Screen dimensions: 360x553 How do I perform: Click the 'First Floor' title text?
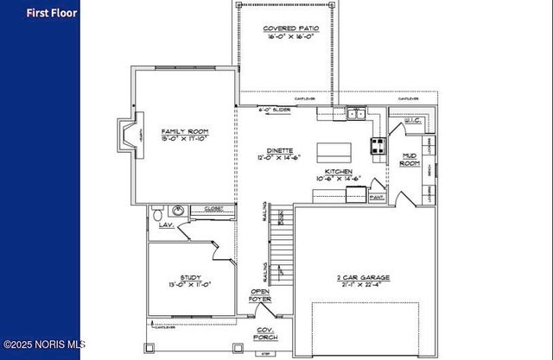(51, 13)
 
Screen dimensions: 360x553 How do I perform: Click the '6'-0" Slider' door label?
(275, 110)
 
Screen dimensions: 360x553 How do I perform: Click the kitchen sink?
(354, 113)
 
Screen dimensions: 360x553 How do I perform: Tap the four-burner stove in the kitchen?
(378, 146)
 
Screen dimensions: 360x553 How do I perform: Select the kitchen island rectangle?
(334, 153)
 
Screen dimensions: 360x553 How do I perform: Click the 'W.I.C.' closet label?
(412, 120)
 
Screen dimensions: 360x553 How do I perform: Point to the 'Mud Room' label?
(409, 159)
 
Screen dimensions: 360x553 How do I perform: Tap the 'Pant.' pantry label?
(377, 197)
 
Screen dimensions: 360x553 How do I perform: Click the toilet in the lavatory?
(156, 212)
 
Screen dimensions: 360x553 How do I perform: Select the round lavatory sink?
(177, 210)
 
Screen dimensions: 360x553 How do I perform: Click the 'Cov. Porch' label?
(264, 334)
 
